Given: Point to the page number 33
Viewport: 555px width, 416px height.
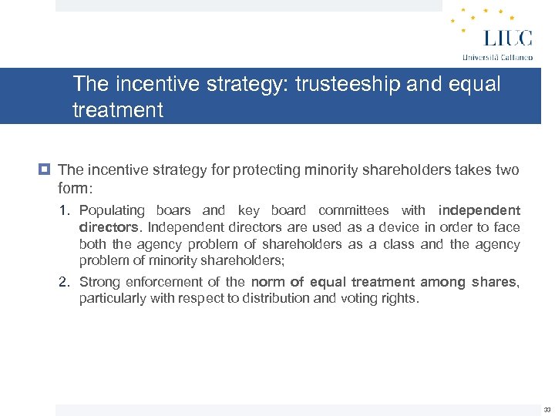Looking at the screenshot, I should click(547, 410).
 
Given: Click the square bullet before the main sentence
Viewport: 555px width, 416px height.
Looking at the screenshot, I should click(46, 169).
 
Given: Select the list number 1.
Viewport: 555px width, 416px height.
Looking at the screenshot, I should click(65, 210).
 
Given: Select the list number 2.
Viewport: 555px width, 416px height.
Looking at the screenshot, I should click(65, 282).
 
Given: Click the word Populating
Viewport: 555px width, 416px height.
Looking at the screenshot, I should click(112, 210).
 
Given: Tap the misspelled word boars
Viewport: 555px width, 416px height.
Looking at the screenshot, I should click(173, 210).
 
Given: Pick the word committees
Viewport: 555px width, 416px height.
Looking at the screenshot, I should click(353, 210).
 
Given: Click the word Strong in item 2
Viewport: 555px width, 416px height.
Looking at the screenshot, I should click(99, 282).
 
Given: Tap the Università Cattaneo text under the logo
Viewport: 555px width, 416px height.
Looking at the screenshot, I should click(496, 57).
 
